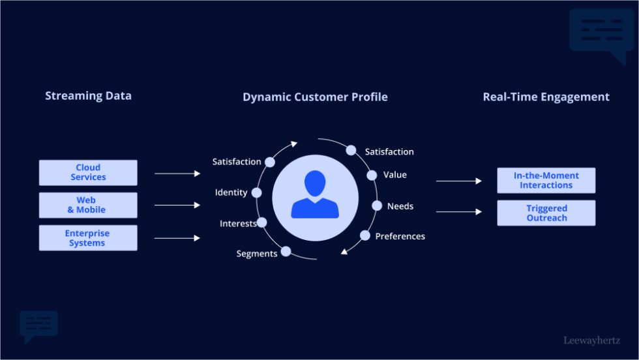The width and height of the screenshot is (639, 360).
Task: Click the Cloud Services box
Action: coord(88,173)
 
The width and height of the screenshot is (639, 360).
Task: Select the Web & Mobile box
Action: coord(88,205)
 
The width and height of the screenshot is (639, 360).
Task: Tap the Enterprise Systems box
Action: coord(88,238)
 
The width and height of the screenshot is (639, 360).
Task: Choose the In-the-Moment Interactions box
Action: coord(546,181)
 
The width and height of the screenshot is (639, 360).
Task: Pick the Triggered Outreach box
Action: coord(546,213)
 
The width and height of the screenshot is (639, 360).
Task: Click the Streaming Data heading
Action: coord(88,96)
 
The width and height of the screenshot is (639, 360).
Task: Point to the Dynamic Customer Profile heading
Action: coord(315,97)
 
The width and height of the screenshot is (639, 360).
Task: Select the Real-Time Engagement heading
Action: coord(546,97)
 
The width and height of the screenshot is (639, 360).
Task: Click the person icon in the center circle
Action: coord(315,195)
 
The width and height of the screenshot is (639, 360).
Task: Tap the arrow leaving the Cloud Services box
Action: coord(177,173)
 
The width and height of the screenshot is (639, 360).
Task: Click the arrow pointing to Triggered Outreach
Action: coord(458,212)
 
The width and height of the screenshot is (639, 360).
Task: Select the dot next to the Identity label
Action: coord(256,193)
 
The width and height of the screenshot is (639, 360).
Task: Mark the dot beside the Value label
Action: coord(372,175)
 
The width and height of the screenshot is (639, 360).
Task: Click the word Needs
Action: coord(400,206)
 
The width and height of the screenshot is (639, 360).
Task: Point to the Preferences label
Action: coord(400,236)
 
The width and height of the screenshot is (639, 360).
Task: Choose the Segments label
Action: coord(257,254)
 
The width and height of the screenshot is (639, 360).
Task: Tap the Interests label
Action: coord(238,224)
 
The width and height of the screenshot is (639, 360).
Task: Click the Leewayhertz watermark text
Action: coord(591,340)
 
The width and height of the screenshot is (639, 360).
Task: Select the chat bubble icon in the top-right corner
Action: coord(601,34)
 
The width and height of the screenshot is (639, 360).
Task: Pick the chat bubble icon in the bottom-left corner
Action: coord(38,325)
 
